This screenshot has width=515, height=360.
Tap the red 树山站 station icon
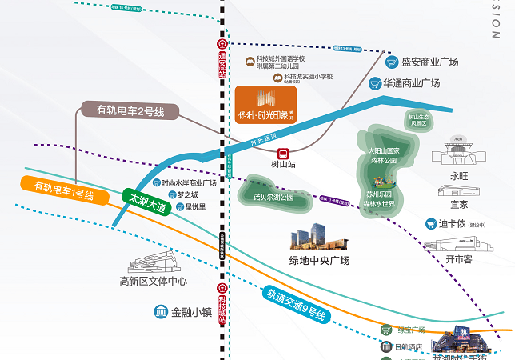tap(283, 153)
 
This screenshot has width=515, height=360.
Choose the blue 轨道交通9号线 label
tap(296, 305)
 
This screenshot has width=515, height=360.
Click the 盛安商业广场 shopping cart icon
tap(392, 62)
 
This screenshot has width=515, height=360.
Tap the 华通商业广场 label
tap(410, 82)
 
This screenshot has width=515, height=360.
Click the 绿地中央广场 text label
tap(318, 260)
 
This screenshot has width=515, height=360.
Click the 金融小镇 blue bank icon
tap(161, 312)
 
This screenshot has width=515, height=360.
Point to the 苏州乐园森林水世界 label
tap(379, 199)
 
